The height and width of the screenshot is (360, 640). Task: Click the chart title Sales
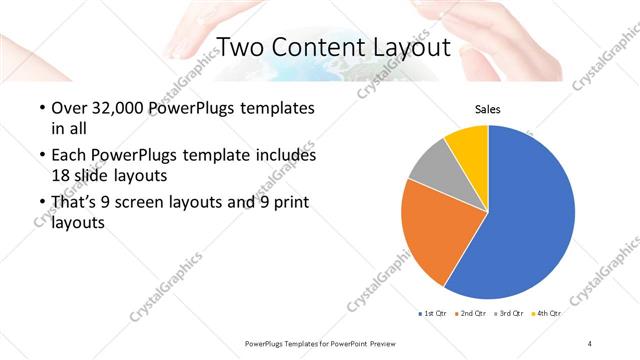pyautogui.click(x=487, y=110)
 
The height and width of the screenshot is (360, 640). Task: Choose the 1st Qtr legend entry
pyautogui.click(x=433, y=314)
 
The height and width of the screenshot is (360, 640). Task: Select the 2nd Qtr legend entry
pyautogui.click(x=471, y=314)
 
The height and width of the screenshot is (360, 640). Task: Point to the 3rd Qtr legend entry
pyautogui.click(x=509, y=314)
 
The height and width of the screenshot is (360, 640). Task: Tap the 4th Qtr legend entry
pyautogui.click(x=547, y=314)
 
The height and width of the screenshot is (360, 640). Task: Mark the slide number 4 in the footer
pyautogui.click(x=590, y=343)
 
